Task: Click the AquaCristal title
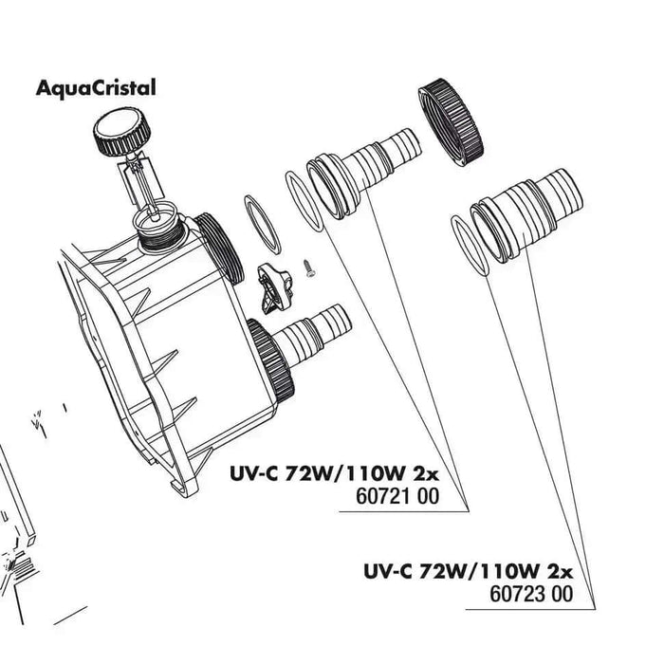[x=96, y=88]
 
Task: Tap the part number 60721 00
[x=397, y=496]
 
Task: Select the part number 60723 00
[x=531, y=594]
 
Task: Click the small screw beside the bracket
[x=307, y=268]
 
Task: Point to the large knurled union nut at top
[x=451, y=122]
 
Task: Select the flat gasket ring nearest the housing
[x=263, y=225]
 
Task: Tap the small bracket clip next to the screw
[x=273, y=288]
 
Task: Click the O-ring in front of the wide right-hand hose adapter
[x=470, y=246]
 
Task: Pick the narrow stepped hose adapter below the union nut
[x=363, y=173]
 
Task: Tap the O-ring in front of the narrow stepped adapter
[x=304, y=201]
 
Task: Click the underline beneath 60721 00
[x=404, y=512]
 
